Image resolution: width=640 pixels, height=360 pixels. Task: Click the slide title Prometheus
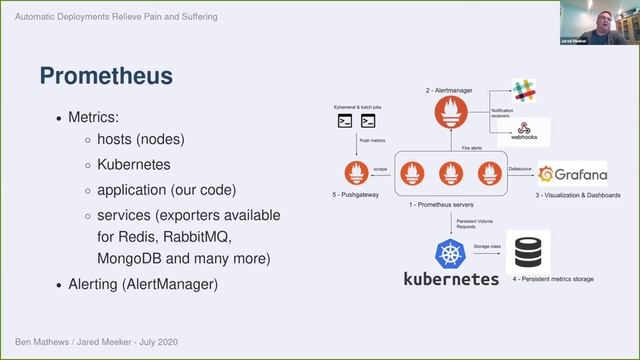pos(105,75)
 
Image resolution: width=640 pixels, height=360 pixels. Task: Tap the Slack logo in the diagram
pos(524,91)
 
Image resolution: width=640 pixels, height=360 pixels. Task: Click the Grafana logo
pos(573,172)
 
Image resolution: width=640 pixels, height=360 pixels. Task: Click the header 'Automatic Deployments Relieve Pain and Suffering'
pos(118,17)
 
